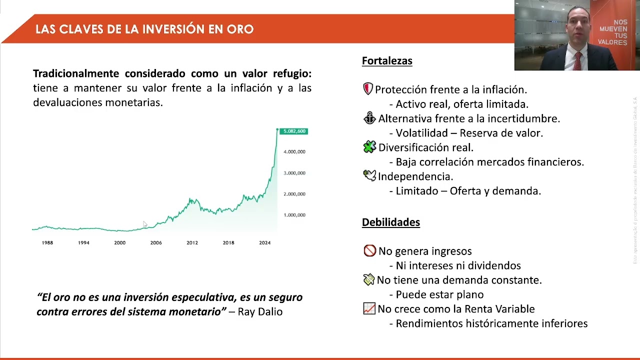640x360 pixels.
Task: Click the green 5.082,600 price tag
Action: (x=294, y=131)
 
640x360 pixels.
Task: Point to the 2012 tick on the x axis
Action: (x=192, y=242)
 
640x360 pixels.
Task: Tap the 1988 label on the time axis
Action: (x=47, y=242)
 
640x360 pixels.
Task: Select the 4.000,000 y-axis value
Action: (x=294, y=151)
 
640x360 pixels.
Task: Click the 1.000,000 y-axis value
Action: (x=294, y=215)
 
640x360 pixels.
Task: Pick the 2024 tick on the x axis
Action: (x=264, y=242)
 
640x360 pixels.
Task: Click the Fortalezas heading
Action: (x=387, y=61)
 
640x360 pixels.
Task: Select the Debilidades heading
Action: (x=390, y=222)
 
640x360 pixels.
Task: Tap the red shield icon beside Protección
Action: (x=368, y=89)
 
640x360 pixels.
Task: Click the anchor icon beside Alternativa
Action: (x=369, y=118)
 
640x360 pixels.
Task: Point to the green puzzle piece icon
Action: (x=369, y=147)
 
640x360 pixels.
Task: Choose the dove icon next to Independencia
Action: (x=369, y=175)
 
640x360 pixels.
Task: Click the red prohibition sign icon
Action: (x=369, y=250)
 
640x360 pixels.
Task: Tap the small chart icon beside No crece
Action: (x=369, y=308)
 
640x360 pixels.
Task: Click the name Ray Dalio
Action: (x=260, y=312)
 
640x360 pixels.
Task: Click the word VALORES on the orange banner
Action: (x=612, y=42)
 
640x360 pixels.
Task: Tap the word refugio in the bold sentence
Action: (x=292, y=73)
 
